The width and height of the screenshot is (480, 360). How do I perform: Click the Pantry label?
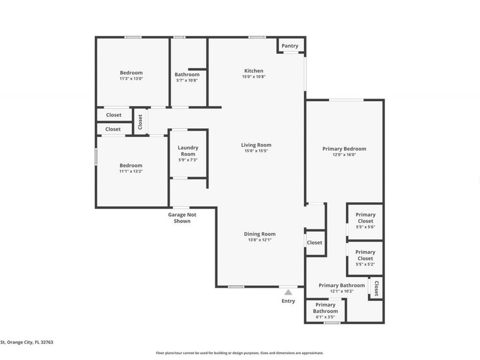coord(290,46)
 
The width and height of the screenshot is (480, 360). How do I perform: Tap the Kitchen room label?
coord(254,71)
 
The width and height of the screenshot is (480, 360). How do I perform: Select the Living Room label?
coord(256,145)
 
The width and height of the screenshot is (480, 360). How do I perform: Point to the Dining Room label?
coord(260,234)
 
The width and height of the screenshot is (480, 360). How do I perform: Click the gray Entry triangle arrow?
coord(288,292)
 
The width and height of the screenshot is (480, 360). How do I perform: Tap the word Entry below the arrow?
coord(288,301)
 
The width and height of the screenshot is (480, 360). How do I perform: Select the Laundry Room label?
coord(188,151)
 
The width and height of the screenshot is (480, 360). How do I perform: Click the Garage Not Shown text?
coord(182,218)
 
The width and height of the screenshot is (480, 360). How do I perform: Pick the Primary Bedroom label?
coord(344,149)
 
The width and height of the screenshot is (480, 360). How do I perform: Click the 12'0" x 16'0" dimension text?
coord(344,155)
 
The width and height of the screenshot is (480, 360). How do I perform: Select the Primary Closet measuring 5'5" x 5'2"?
coord(365,255)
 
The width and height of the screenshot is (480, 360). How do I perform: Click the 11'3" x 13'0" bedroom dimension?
coord(131,78)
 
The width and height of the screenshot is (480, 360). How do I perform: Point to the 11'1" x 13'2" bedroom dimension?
coord(131,172)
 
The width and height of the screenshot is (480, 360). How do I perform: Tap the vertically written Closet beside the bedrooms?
coord(140,122)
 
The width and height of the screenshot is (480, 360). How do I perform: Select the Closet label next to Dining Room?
coord(315,243)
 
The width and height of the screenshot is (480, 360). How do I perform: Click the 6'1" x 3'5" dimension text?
coord(325,317)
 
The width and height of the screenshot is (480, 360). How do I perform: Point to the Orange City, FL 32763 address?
coord(27,342)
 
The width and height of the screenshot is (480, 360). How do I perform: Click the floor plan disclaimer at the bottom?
coord(239,353)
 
